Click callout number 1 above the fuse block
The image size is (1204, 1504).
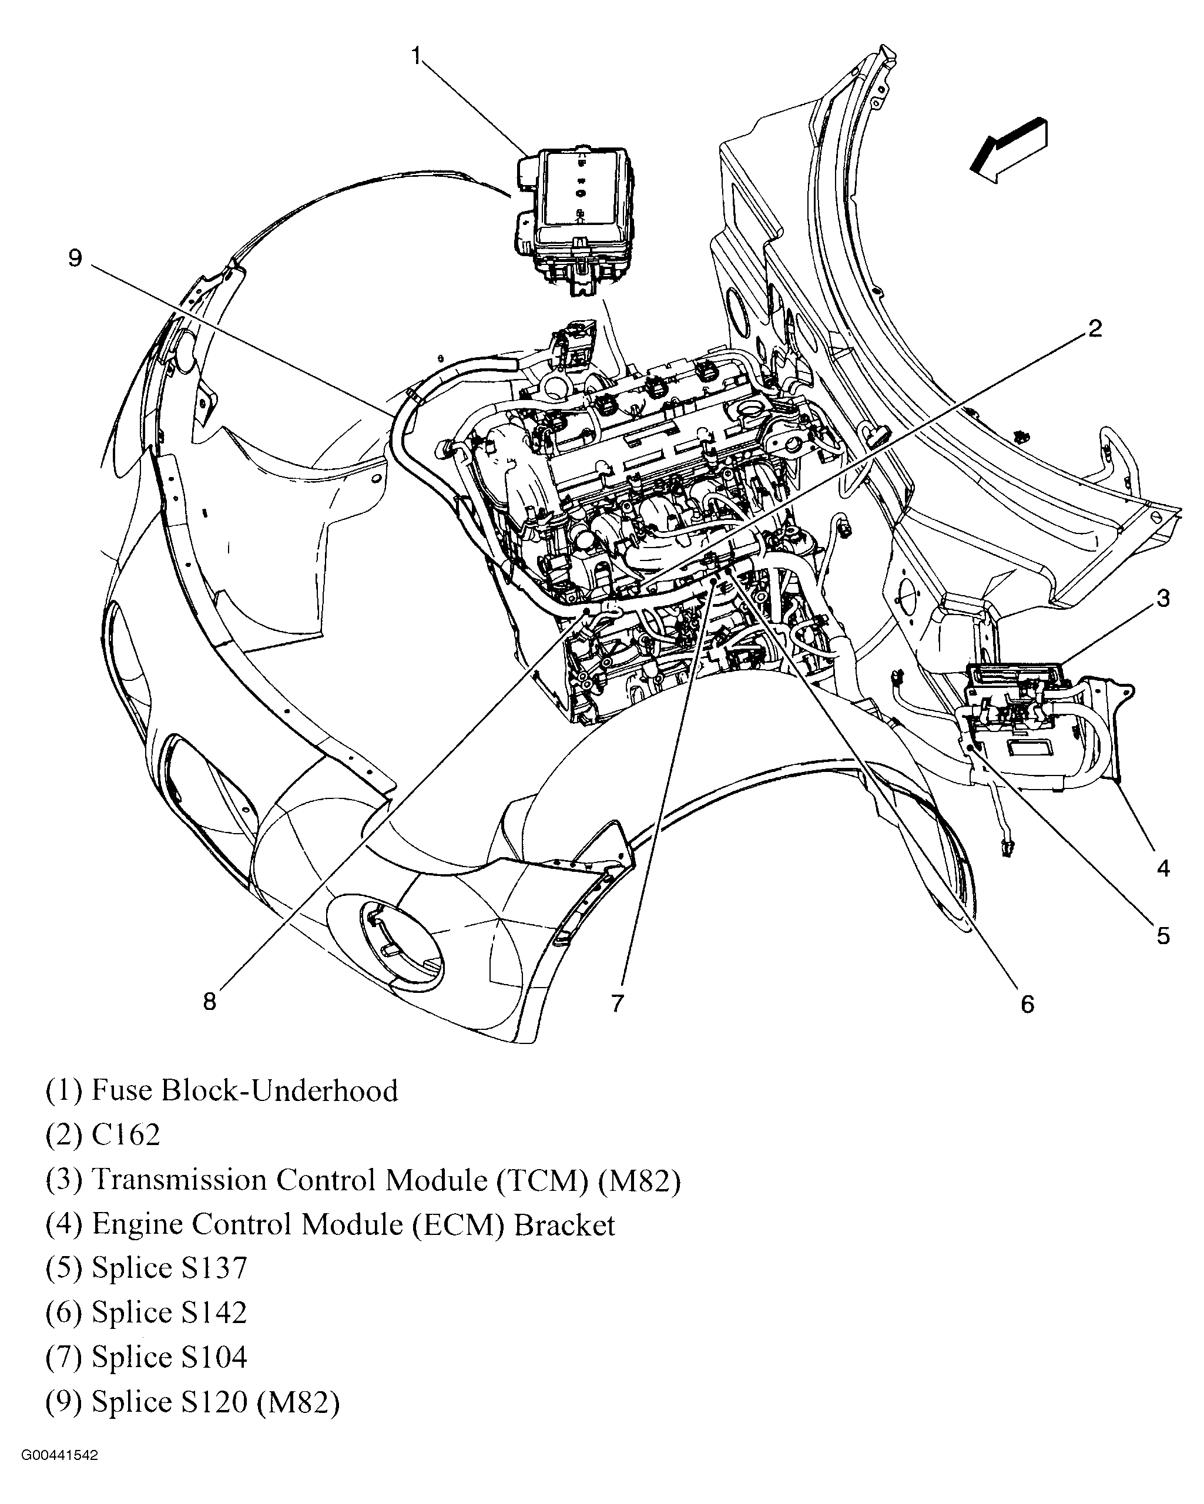pyautogui.click(x=417, y=56)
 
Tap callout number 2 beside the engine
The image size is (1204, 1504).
pyautogui.click(x=1095, y=328)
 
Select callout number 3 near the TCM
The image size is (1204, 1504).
pyautogui.click(x=1163, y=599)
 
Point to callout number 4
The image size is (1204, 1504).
pyautogui.click(x=1163, y=868)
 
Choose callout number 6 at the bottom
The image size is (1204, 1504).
pyautogui.click(x=1027, y=1005)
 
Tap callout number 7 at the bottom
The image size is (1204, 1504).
pyautogui.click(x=616, y=1003)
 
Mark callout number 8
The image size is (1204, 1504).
pyautogui.click(x=209, y=1002)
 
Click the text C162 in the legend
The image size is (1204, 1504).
pyautogui.click(x=126, y=1135)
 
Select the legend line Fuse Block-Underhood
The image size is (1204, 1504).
pyautogui.click(x=222, y=1090)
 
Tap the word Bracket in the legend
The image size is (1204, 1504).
pyautogui.click(x=564, y=1224)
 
